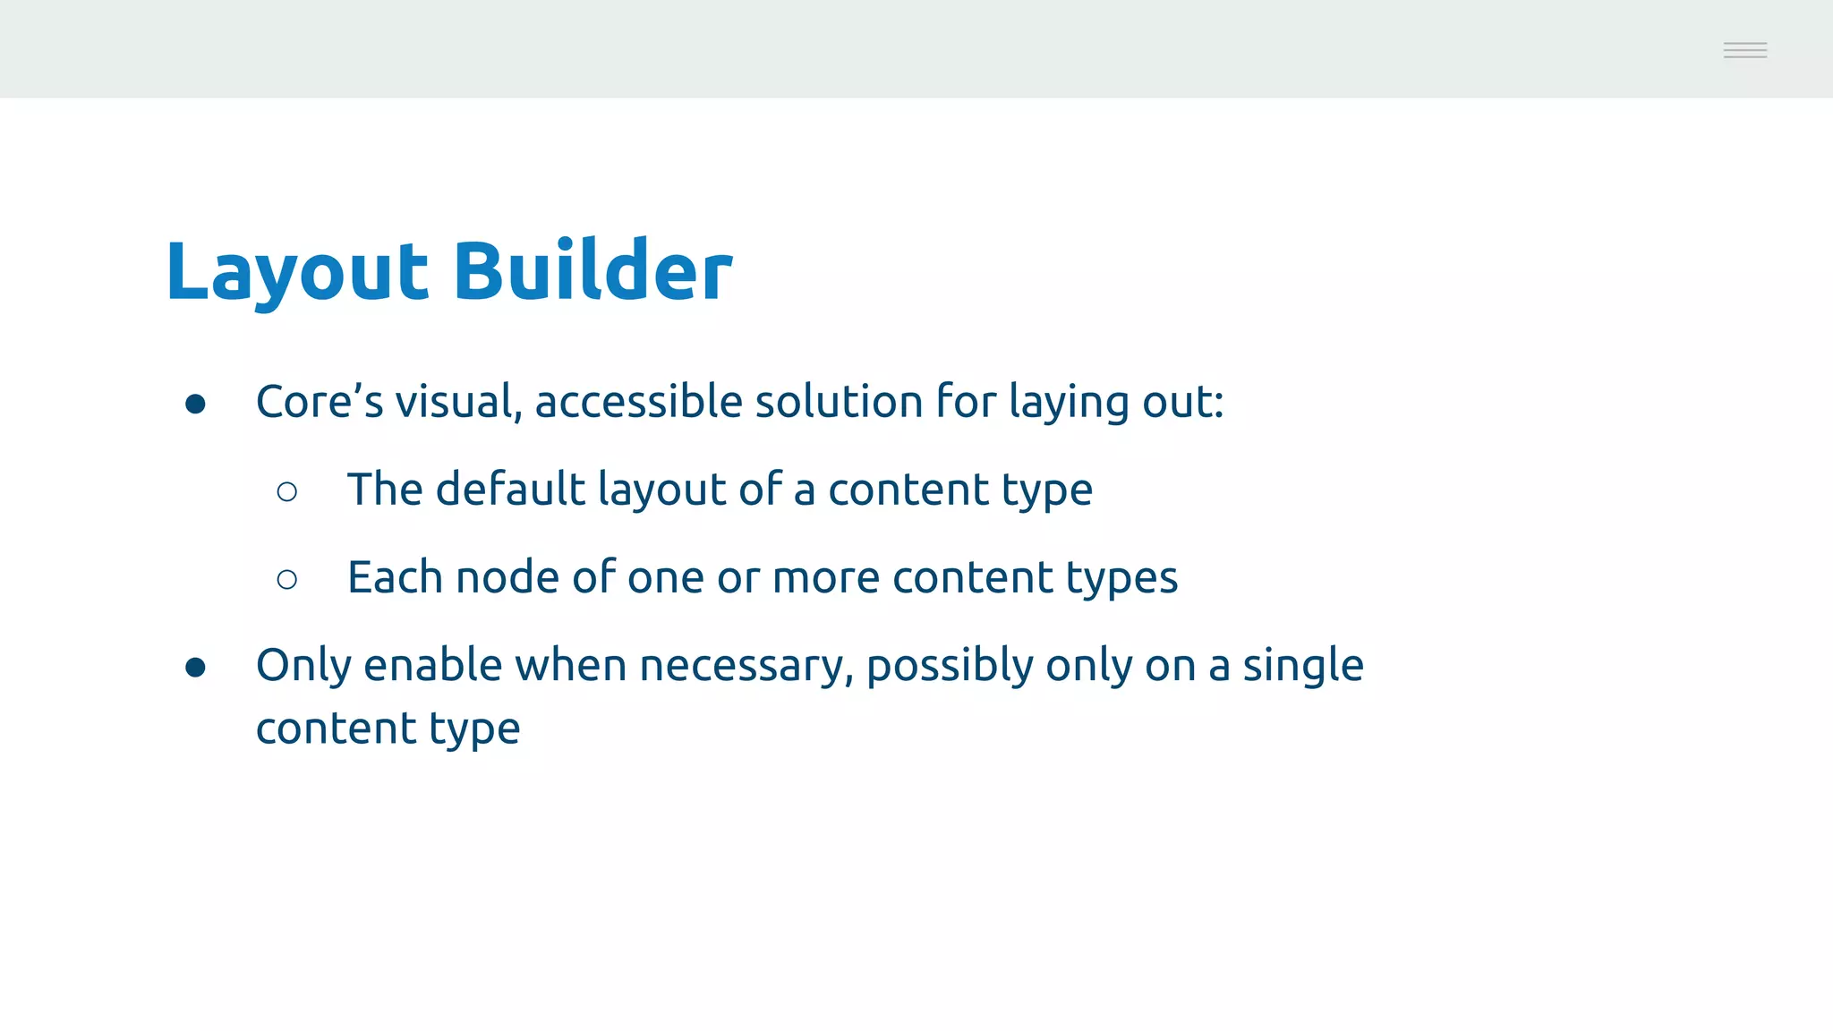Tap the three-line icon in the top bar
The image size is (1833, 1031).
(x=1744, y=50)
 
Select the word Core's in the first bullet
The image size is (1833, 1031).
(x=320, y=401)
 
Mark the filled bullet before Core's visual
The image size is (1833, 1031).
(x=195, y=404)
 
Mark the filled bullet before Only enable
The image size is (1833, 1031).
(x=195, y=668)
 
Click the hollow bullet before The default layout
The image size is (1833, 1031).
(x=287, y=491)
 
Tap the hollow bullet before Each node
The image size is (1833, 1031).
(x=287, y=579)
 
